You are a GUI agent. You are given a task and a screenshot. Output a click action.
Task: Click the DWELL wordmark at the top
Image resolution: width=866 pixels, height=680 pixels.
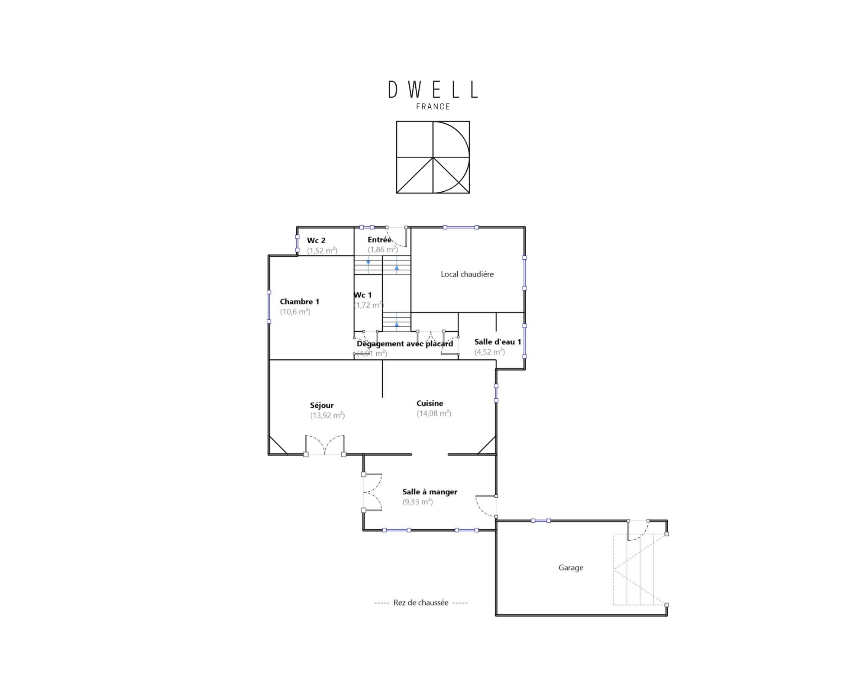pos(433,90)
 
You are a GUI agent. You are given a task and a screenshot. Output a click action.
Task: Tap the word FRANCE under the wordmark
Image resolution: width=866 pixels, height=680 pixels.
pos(433,106)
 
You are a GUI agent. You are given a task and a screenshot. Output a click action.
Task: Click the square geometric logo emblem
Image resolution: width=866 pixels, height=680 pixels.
pos(433,157)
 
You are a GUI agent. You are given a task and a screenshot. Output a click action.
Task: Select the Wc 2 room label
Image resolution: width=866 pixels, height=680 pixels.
pos(316,241)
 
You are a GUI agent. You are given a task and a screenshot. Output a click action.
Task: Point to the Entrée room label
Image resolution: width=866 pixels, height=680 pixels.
pos(379,239)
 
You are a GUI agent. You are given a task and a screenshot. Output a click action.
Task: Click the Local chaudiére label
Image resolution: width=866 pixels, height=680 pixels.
pos(467,274)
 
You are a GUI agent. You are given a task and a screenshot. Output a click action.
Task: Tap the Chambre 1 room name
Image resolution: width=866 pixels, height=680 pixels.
pos(300,302)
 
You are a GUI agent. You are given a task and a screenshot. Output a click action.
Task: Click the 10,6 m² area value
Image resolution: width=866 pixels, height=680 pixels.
pos(295,312)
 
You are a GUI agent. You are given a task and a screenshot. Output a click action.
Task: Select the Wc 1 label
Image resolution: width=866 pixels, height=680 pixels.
pos(363,295)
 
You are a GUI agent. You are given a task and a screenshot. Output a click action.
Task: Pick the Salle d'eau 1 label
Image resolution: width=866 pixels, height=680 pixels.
pos(498,342)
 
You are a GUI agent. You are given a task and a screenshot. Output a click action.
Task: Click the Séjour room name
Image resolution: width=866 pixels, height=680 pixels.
pos(322,406)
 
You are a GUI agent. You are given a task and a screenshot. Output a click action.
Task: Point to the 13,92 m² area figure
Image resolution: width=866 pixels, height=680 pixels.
pos(327,416)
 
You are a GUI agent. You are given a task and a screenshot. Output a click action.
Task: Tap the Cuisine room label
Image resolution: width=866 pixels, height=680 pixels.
pos(430,403)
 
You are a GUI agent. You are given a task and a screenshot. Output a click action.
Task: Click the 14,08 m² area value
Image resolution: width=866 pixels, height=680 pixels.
pos(434,413)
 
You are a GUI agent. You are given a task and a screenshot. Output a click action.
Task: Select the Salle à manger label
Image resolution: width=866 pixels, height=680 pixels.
pos(430,492)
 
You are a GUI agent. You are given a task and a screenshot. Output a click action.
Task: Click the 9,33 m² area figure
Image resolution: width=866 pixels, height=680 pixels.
pos(417,502)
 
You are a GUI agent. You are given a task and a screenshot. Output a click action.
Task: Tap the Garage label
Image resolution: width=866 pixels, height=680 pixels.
pos(571,567)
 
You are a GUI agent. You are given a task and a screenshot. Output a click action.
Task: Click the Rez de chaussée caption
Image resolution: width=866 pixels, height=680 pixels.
pos(421,603)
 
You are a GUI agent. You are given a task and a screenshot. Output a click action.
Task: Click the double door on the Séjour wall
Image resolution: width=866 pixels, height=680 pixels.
pos(325,446)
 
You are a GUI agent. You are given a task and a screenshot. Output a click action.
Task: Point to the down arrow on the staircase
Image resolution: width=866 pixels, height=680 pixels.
pos(368,263)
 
